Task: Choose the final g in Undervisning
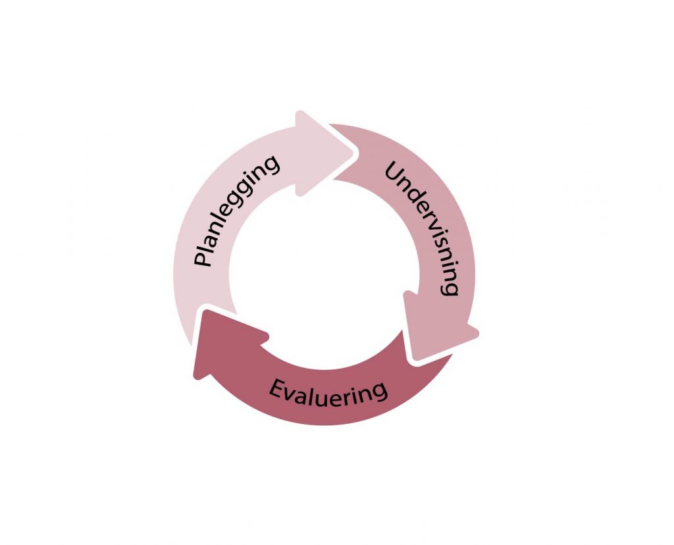point(450,288)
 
